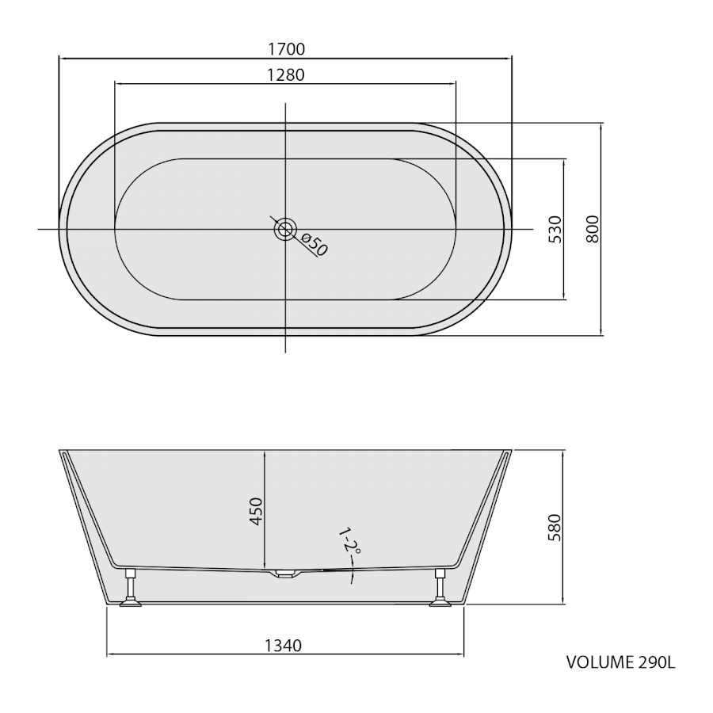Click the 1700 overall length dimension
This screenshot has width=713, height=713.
[x=286, y=48]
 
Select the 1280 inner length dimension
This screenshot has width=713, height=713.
[x=285, y=74]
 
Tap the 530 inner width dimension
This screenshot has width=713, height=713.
[x=555, y=229]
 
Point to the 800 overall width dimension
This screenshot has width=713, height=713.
[x=593, y=229]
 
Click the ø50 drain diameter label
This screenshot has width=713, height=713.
[x=314, y=245]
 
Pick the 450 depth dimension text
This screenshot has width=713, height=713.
[x=257, y=512]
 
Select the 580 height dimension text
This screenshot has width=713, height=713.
[x=555, y=528]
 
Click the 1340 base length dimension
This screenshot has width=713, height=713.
[x=284, y=645]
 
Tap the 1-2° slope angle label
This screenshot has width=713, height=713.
[x=349, y=540]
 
